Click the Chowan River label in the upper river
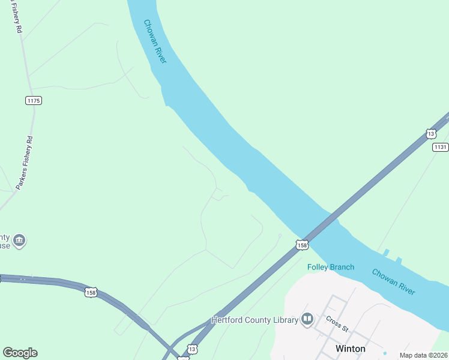[155, 41]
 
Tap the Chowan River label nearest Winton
[393, 281]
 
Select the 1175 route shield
[34, 100]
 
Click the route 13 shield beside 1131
[431, 133]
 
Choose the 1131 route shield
[441, 147]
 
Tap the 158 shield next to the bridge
[302, 245]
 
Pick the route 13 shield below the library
[191, 348]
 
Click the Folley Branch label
[331, 267]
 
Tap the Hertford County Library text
[255, 320]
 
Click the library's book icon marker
[307, 319]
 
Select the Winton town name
[350, 348]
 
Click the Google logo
[20, 353]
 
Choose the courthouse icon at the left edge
[19, 241]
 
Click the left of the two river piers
[386, 252]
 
